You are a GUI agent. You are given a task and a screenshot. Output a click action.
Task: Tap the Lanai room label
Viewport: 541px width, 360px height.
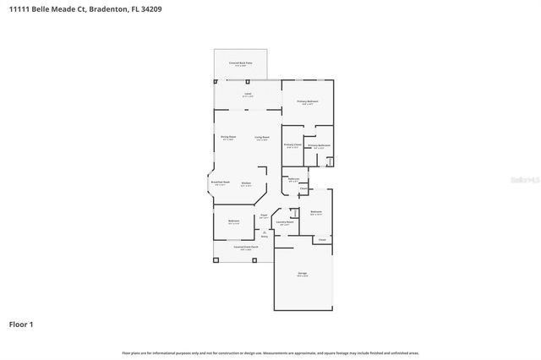point(247,94)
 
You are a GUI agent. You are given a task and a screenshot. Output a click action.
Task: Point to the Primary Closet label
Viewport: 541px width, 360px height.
point(292,145)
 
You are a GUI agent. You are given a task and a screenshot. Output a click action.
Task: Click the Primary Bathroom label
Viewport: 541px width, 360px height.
point(319,145)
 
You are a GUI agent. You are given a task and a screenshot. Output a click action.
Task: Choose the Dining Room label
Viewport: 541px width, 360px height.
point(227,137)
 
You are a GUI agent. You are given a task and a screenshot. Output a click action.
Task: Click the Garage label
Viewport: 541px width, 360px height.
point(302,275)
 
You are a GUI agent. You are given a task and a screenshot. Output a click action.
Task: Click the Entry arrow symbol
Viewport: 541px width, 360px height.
point(264,232)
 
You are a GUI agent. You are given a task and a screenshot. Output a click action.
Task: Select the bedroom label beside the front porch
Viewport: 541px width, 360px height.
point(233,221)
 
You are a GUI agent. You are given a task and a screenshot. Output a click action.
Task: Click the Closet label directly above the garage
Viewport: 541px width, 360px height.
point(322,240)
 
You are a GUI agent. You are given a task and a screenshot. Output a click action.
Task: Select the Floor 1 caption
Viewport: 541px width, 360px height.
point(21,324)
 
